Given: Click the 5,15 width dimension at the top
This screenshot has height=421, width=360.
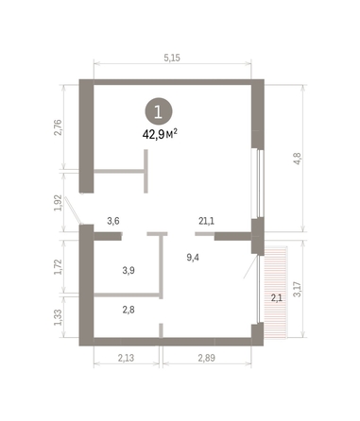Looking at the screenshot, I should [x=171, y=58].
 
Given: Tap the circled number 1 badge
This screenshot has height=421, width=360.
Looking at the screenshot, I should [x=159, y=111].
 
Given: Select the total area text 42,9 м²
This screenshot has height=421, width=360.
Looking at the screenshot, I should [x=160, y=133].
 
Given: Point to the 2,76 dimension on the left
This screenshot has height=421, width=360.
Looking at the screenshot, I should [x=56, y=128].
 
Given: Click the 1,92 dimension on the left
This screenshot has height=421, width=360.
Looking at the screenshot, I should [x=56, y=203].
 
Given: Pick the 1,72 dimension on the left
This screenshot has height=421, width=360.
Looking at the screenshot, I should [x=56, y=268].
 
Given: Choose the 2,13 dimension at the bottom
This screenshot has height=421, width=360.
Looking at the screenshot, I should [x=128, y=358].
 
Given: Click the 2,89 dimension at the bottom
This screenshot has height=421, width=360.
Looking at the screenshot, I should [x=209, y=358].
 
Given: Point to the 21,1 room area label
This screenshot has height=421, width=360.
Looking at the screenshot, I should [x=206, y=221].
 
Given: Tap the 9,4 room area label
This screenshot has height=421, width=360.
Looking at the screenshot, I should [x=193, y=256].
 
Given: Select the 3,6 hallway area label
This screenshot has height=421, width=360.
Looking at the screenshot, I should [x=113, y=221].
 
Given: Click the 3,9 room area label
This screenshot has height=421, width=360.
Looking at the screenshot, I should [x=129, y=270].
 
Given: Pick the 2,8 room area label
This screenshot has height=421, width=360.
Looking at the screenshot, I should [x=129, y=309].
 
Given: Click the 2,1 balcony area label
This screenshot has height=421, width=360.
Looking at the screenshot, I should [x=277, y=298].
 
